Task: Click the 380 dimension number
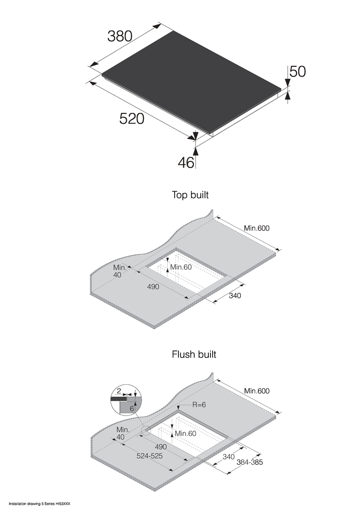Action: point(120,36)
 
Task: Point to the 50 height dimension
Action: point(298,71)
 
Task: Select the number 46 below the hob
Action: point(186,162)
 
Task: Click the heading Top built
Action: point(190,195)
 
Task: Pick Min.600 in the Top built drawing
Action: point(257,228)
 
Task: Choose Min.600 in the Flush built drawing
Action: point(257,391)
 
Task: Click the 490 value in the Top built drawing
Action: point(153,286)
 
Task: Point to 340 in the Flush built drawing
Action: point(229,457)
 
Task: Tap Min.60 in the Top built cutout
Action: point(181,268)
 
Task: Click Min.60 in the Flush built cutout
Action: point(185,433)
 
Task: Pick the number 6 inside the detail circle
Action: point(132,409)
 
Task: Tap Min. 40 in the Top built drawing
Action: point(118,271)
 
